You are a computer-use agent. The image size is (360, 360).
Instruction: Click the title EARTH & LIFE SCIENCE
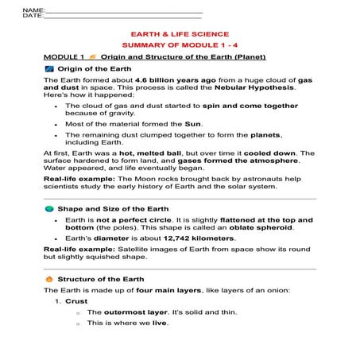tap(179, 34)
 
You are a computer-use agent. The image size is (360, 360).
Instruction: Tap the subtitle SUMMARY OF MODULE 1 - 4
tap(179, 46)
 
